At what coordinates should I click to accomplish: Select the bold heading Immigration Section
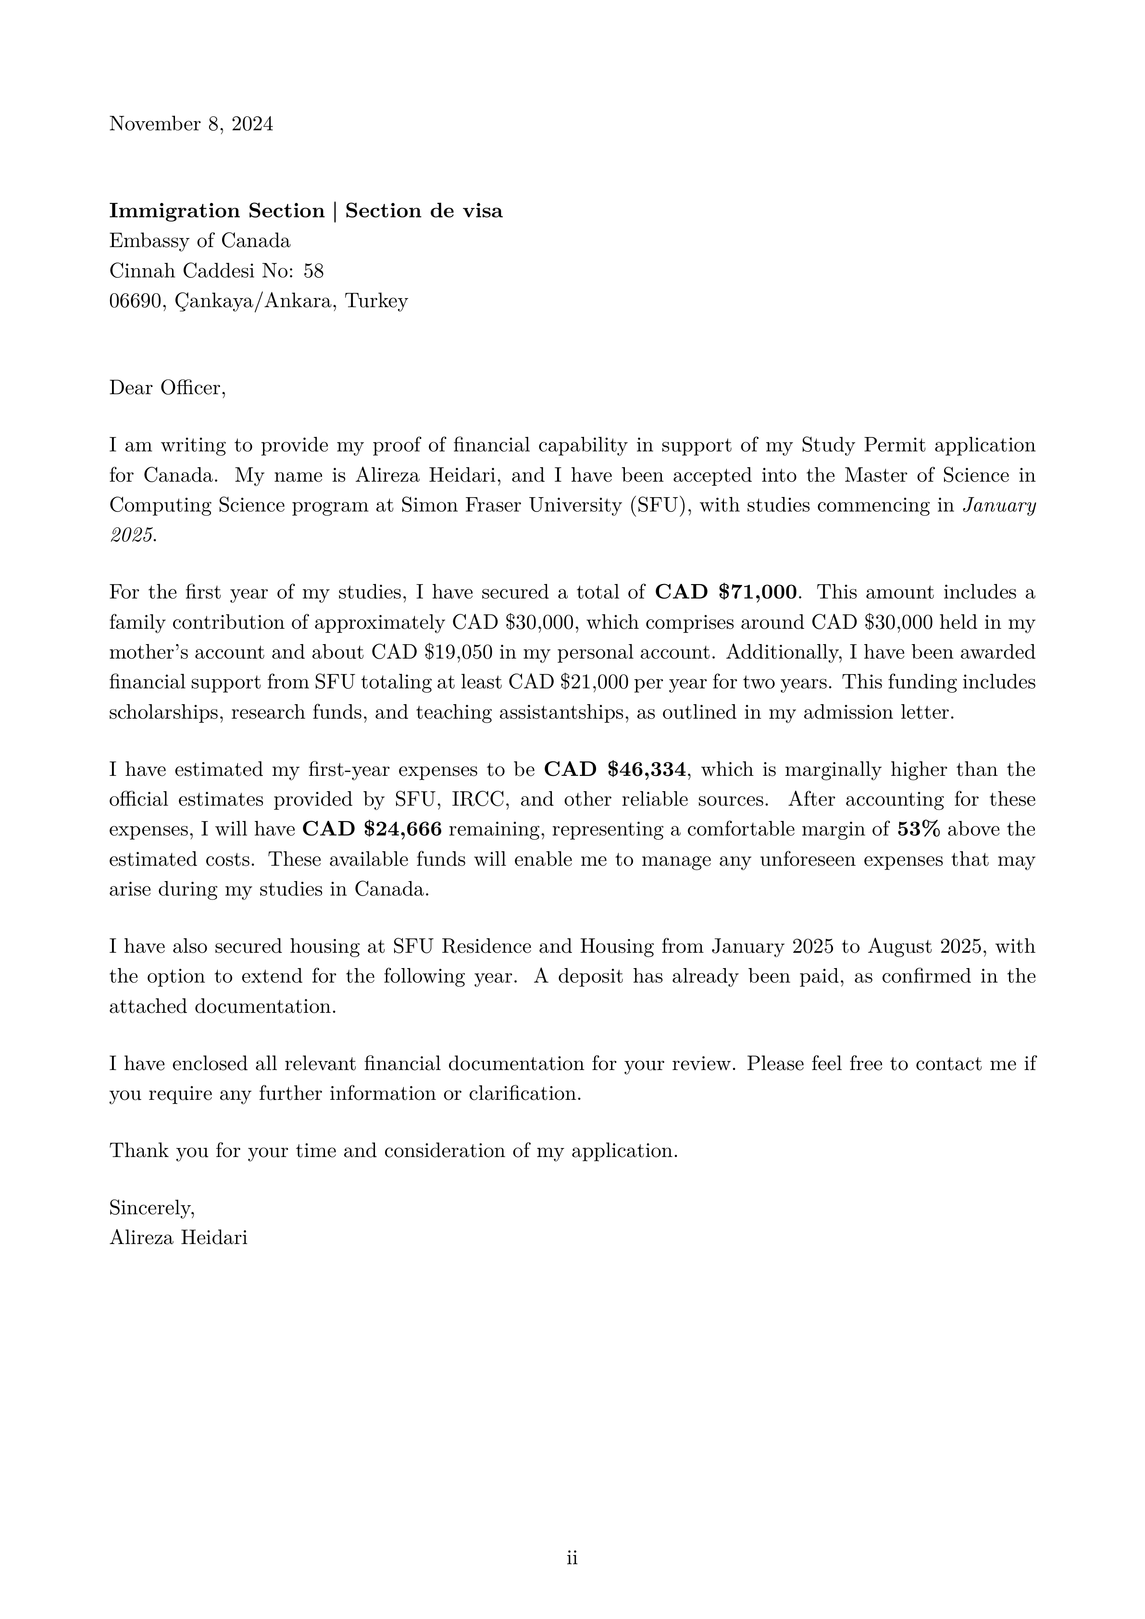point(216,211)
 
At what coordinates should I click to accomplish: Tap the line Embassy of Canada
point(199,241)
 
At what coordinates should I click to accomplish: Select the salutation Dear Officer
point(167,388)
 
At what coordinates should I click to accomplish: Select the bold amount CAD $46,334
point(615,769)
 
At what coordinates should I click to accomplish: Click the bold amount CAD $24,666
point(372,829)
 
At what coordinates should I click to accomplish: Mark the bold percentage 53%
point(918,829)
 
